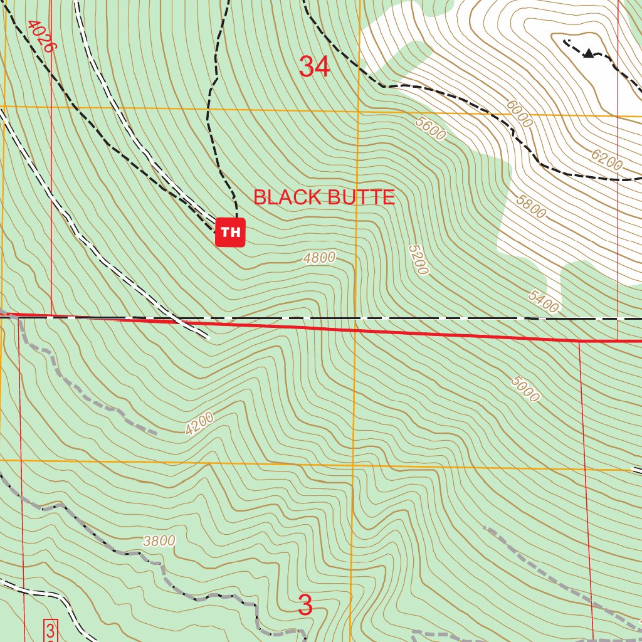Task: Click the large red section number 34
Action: point(314,66)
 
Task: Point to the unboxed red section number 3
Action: point(305,606)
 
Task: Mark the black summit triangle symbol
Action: point(588,53)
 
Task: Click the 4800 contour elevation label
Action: point(319,257)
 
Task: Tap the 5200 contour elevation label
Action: point(418,260)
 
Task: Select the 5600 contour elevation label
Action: point(430,129)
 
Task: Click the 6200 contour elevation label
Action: point(606,160)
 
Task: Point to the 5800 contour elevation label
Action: point(530,206)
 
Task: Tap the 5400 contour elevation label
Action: point(542,302)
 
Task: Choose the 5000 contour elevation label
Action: point(525,389)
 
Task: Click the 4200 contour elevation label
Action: point(199,423)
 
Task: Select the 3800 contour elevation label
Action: point(159,540)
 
